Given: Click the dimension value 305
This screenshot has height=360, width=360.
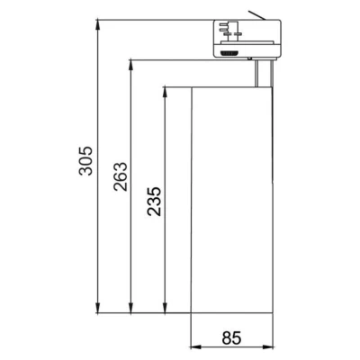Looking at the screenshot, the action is point(85,161).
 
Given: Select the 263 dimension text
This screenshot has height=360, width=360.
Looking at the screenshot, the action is point(121,176).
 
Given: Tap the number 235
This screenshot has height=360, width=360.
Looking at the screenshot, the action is point(154,202).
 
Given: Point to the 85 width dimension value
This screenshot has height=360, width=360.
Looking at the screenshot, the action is point(231,337).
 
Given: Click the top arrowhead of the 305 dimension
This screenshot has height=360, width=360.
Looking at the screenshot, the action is point(97,25).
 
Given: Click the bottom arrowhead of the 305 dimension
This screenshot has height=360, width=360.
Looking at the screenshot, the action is point(97,308).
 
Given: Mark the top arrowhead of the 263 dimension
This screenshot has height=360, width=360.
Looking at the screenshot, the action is point(130,66).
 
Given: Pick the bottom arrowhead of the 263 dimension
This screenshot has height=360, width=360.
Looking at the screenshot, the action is point(130,308).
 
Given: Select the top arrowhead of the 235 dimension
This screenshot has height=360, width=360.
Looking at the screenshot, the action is point(165,93).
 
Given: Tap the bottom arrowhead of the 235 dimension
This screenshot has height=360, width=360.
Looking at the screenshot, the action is point(165,308).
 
